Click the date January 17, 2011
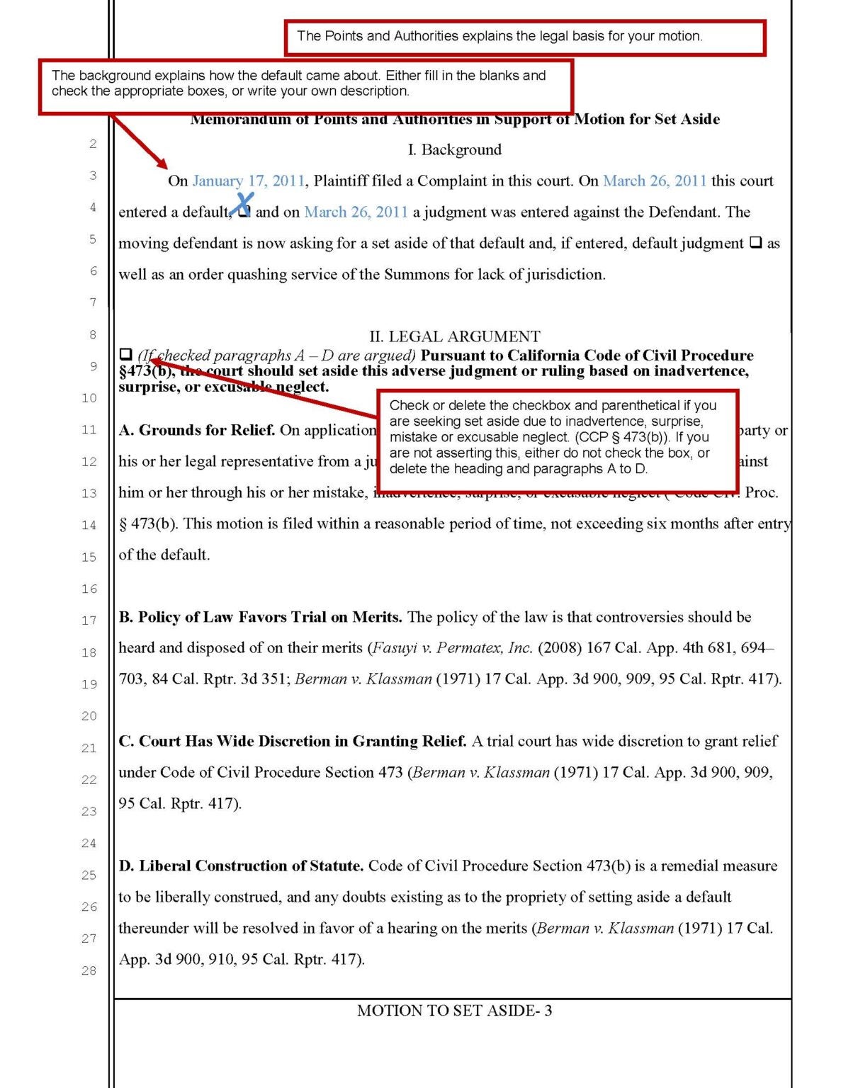(x=248, y=181)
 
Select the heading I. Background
(x=454, y=149)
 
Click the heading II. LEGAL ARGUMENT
(x=454, y=336)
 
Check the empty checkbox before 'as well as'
(x=755, y=242)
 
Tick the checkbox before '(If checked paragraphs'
(x=126, y=354)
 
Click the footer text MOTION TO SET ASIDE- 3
(x=454, y=1011)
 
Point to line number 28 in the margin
(x=89, y=970)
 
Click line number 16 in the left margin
(x=89, y=589)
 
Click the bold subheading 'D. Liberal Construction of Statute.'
(x=241, y=866)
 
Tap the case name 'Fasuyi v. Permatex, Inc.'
(x=452, y=647)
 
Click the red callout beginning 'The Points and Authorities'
(x=524, y=37)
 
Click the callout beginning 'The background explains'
(x=305, y=85)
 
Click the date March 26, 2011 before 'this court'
(x=654, y=181)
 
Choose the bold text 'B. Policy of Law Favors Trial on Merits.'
(x=260, y=617)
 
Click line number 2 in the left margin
(x=93, y=144)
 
